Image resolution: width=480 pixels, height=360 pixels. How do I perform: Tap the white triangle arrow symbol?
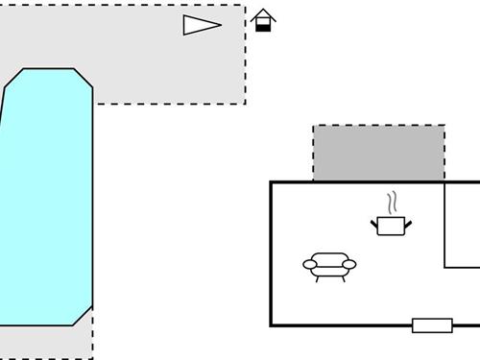pos(199,25)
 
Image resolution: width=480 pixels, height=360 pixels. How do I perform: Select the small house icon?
pos(264,20)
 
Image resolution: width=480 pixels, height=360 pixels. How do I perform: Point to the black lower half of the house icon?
pos(264,28)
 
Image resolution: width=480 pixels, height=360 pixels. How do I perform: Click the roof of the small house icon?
pos(264,14)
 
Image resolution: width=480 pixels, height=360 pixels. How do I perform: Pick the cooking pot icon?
pos(391,226)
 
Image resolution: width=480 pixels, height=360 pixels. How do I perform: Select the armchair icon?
pos(329,266)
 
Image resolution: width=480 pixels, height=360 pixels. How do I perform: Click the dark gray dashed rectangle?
pos(378,153)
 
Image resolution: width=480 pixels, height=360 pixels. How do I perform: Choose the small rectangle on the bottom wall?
pos(432,325)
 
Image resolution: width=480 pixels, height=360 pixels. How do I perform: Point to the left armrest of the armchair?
pos(310,264)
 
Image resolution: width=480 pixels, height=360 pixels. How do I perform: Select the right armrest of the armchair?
pos(348,264)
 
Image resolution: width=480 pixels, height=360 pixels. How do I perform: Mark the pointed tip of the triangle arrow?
pos(221,25)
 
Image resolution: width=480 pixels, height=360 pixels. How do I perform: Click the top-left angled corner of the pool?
pos(12,78)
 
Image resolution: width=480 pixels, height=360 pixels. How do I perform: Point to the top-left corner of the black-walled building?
pos(272,182)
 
